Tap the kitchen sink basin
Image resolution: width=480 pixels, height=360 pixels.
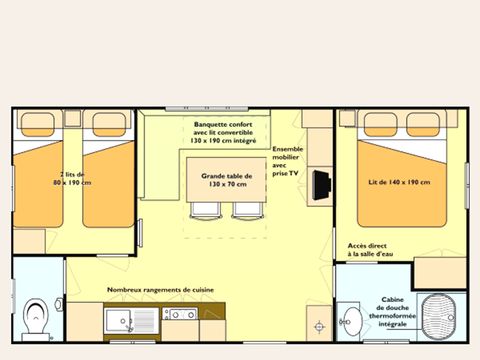(x=119, y=320)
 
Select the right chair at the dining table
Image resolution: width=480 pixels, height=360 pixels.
(x=246, y=210)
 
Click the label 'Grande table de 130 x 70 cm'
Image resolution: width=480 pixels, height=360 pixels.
(x=226, y=179)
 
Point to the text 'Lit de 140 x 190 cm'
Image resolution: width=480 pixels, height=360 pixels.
(x=399, y=182)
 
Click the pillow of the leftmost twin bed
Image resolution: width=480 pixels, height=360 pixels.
(x=45, y=123)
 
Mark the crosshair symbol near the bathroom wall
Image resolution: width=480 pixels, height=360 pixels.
(x=319, y=325)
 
